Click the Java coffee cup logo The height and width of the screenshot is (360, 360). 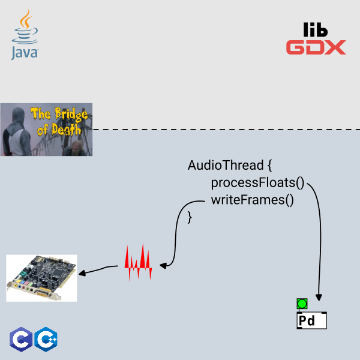tap(25, 27)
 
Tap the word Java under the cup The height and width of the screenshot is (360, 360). tap(25, 53)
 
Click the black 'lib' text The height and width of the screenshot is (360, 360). tap(315, 29)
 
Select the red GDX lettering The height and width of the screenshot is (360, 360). tap(316, 47)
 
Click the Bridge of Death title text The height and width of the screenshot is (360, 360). tap(59, 121)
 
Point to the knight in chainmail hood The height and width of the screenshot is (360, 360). tap(17, 132)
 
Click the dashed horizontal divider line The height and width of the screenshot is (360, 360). tap(226, 130)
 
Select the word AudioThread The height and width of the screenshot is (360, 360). tap(226, 165)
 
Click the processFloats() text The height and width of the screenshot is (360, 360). tap(257, 183)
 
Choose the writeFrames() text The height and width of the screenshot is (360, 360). tap(253, 200)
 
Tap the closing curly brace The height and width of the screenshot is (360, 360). tap(190, 218)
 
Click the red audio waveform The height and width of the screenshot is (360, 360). tap(138, 262)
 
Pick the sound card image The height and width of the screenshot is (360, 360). tap(41, 278)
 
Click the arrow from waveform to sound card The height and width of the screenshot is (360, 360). tap(98, 269)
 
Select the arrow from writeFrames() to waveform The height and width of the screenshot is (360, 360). tap(176, 232)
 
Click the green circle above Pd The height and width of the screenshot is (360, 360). tap(302, 304)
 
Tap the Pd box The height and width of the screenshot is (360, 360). tap(312, 320)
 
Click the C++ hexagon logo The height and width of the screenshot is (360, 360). tap(46, 340)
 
